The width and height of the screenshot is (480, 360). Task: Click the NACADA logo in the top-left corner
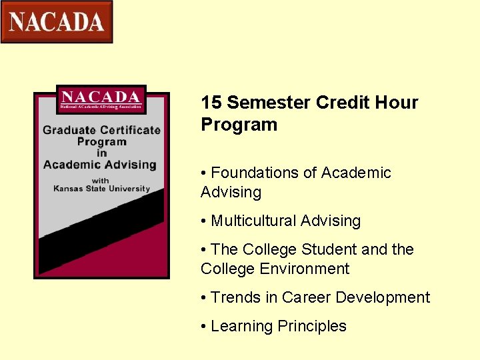(x=57, y=21)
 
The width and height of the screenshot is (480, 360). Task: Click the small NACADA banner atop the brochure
(x=101, y=99)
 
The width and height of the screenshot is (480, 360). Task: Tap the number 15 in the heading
(x=211, y=103)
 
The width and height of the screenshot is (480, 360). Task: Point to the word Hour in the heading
(x=395, y=103)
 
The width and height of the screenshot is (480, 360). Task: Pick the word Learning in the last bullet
(x=239, y=326)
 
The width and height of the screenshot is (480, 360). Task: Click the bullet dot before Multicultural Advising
(x=203, y=221)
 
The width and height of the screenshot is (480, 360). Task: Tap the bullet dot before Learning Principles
(x=203, y=327)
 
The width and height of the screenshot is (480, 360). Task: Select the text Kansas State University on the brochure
(x=101, y=189)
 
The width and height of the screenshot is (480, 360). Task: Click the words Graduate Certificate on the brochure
(x=101, y=130)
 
